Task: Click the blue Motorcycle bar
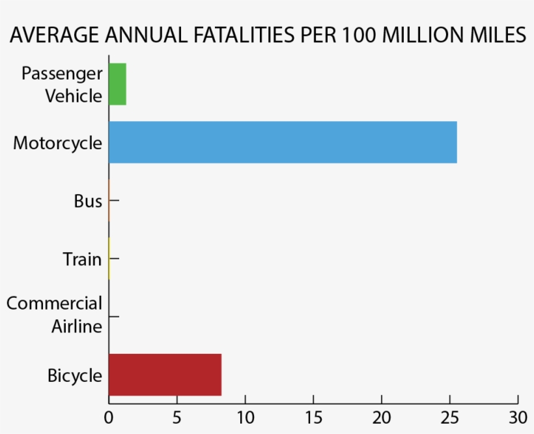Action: (282, 142)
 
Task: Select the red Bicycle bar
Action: (165, 375)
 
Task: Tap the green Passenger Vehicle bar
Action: (117, 84)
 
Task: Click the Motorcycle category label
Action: (57, 143)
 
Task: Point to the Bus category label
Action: (88, 201)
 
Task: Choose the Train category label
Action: (82, 259)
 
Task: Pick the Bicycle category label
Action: (75, 376)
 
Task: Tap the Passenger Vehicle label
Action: (63, 84)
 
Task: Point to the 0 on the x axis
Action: (109, 415)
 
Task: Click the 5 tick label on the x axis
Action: (177, 415)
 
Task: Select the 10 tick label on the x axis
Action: (245, 415)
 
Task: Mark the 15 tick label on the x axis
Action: (313, 415)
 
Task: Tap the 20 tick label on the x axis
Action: (382, 415)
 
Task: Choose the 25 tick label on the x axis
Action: (449, 415)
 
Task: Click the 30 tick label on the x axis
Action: (518, 415)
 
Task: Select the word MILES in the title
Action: (494, 36)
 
